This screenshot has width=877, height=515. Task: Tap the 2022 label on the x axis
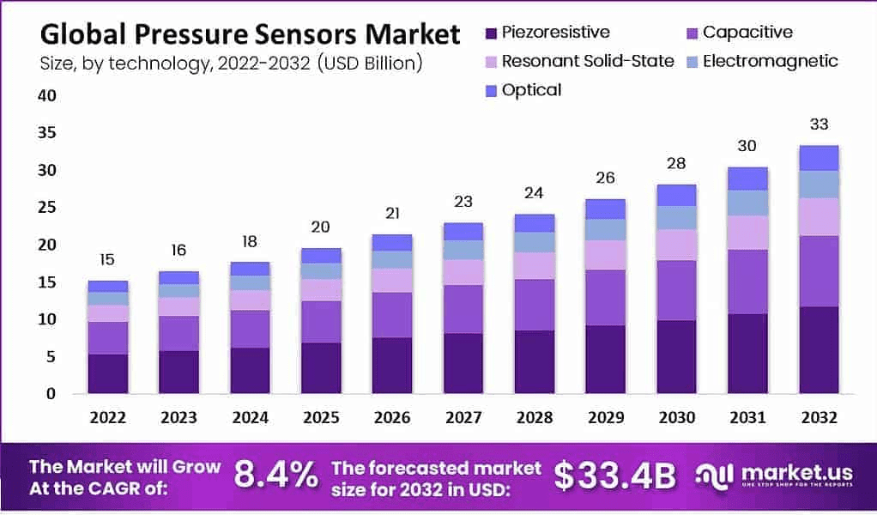click(x=107, y=417)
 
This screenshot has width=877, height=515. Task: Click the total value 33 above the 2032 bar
click(x=818, y=124)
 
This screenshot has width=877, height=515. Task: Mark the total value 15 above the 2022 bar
click(x=107, y=259)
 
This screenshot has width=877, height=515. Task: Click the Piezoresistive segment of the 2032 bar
click(x=818, y=349)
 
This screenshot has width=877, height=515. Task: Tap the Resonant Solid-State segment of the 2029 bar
click(x=606, y=255)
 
